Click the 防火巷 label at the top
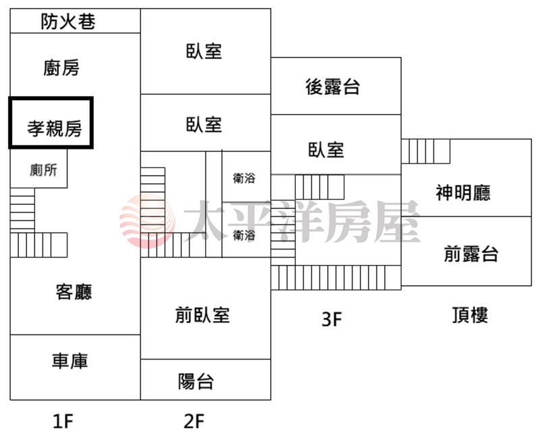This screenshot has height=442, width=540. click(x=68, y=22)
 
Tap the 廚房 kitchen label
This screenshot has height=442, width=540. click(x=61, y=68)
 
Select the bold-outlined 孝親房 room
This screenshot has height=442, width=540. click(x=51, y=123)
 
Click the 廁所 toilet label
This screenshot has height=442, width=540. click(x=43, y=170)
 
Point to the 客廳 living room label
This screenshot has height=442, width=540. click(x=74, y=292)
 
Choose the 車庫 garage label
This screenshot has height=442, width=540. click(x=70, y=361)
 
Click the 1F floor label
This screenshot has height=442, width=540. click(x=63, y=421)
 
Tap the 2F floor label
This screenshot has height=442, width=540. click(x=194, y=421)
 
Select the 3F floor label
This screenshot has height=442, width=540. click(x=331, y=319)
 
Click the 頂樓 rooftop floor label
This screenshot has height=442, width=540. click(x=470, y=315)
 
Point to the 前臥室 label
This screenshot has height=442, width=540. click(x=202, y=315)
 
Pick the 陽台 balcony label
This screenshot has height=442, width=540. click(x=196, y=381)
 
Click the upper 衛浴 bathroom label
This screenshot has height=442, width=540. click(x=244, y=178)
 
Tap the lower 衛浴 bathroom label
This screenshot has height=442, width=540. click(x=244, y=235)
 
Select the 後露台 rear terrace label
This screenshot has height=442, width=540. click(x=333, y=87)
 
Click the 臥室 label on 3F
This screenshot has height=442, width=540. click(x=326, y=150)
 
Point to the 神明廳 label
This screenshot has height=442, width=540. click(x=463, y=193)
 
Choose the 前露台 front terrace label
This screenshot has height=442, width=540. click(x=470, y=253)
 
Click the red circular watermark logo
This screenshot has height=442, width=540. click(x=147, y=220)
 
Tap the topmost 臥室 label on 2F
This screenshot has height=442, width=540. click(x=204, y=51)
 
